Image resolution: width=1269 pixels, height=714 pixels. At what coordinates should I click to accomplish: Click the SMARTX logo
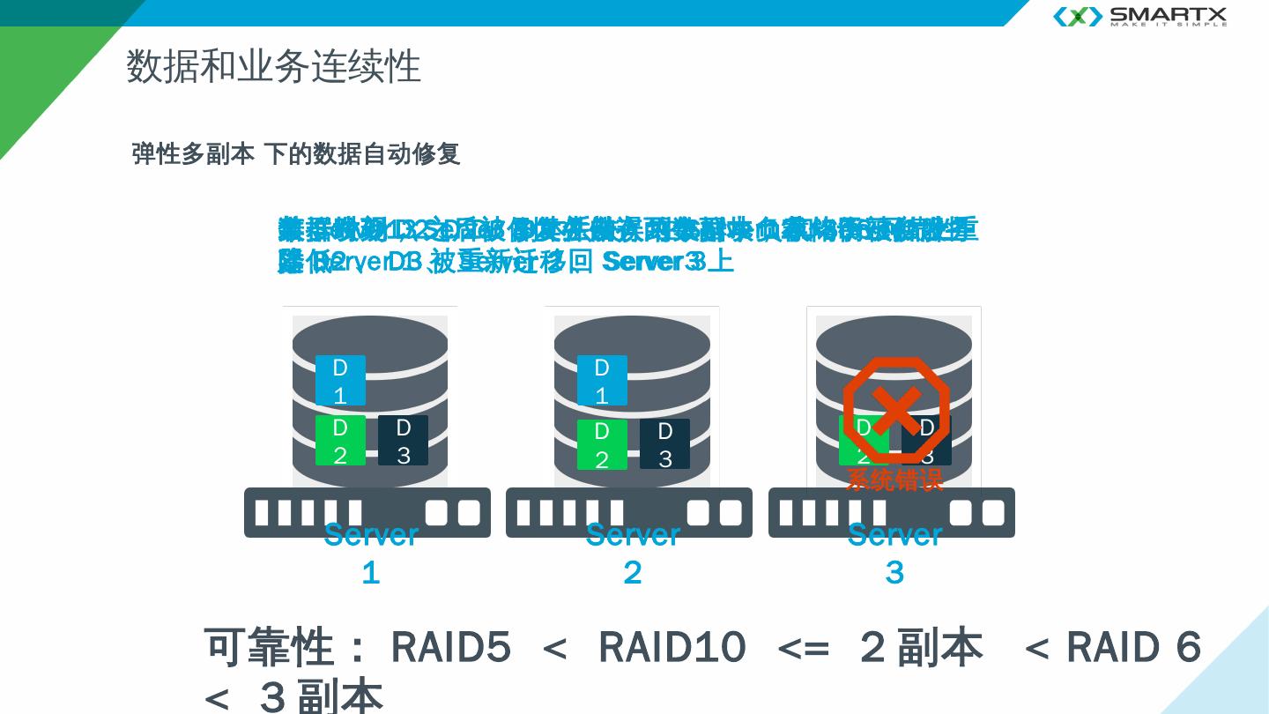pyautogui.click(x=1139, y=16)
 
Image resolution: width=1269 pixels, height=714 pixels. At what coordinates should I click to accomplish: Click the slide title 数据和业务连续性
pyautogui.click(x=273, y=66)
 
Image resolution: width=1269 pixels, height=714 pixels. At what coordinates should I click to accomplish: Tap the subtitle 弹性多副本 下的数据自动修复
pyautogui.click(x=295, y=154)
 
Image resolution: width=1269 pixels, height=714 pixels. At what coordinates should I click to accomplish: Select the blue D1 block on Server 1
pyautogui.click(x=340, y=380)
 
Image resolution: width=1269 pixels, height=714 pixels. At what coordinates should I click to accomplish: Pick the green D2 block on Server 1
pyautogui.click(x=340, y=441)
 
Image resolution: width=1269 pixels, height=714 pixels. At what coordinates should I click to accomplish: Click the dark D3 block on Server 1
pyautogui.click(x=403, y=441)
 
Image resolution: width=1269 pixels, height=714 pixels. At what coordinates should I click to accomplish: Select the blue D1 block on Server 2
pyautogui.click(x=602, y=380)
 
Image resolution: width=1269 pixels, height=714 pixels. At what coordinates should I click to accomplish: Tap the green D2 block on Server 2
pyautogui.click(x=602, y=444)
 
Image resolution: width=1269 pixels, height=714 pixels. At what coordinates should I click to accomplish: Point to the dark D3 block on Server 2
pyautogui.click(x=664, y=444)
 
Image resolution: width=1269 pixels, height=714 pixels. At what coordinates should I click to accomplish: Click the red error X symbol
pyautogui.click(x=896, y=410)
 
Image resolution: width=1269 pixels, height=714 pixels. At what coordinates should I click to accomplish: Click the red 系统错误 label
pyautogui.click(x=894, y=480)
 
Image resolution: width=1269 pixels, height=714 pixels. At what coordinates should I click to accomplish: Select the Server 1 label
pyautogui.click(x=371, y=553)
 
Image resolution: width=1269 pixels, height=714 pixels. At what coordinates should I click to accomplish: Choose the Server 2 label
pyautogui.click(x=633, y=553)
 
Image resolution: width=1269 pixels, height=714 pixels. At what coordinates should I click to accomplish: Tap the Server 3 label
pyautogui.click(x=894, y=553)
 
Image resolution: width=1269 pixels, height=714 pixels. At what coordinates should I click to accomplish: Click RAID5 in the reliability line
pyautogui.click(x=450, y=648)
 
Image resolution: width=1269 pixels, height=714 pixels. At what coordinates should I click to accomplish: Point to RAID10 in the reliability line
pyautogui.click(x=672, y=648)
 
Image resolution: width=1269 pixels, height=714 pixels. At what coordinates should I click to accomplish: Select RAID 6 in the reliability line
pyautogui.click(x=1133, y=648)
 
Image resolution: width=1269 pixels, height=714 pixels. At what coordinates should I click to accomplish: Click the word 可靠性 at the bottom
pyautogui.click(x=269, y=648)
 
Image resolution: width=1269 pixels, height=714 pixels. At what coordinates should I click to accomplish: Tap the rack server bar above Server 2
pyautogui.click(x=629, y=512)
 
